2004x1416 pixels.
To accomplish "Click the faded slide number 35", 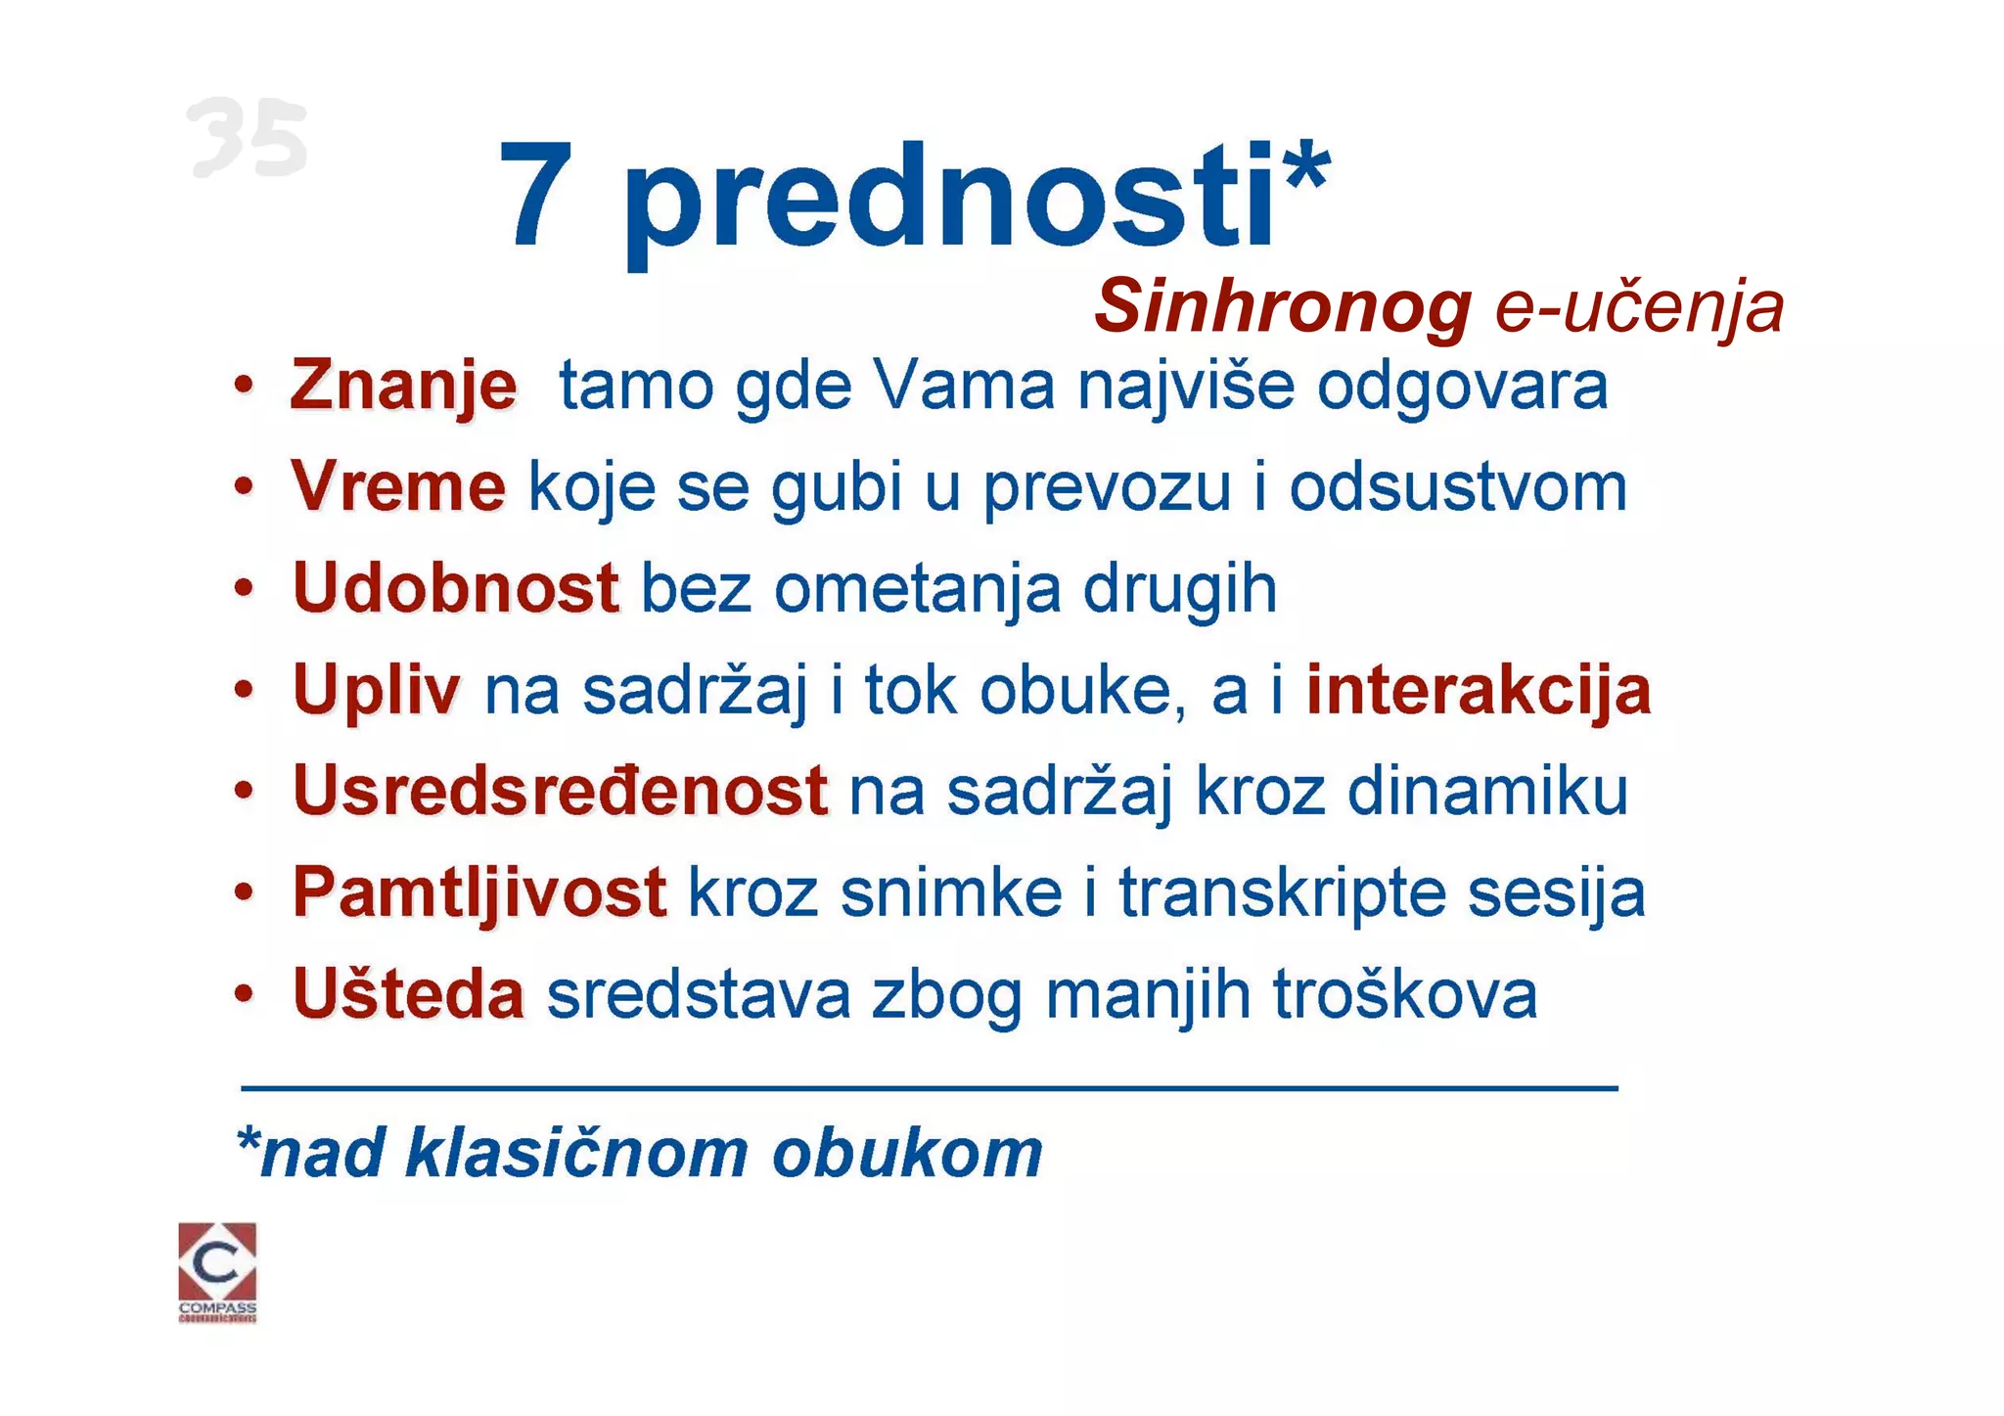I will point(247,138).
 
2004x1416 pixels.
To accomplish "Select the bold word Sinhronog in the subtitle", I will point(1283,306).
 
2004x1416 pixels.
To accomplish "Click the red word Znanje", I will point(403,386).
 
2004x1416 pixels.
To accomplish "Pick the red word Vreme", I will point(398,486).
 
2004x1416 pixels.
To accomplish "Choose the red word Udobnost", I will point(455,588).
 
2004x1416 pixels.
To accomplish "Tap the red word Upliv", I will point(376,690).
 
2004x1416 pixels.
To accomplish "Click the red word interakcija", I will point(1479,690).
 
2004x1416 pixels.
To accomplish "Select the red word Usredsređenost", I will point(560,791).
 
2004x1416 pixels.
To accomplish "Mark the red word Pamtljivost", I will point(479,892).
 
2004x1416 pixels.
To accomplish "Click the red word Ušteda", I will point(408,994).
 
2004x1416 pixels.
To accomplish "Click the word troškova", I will point(1405,994).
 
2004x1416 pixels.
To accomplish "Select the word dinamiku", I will point(1487,791).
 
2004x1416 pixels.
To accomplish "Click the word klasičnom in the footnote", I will point(577,1153).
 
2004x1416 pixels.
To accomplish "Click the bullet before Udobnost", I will point(244,589).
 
